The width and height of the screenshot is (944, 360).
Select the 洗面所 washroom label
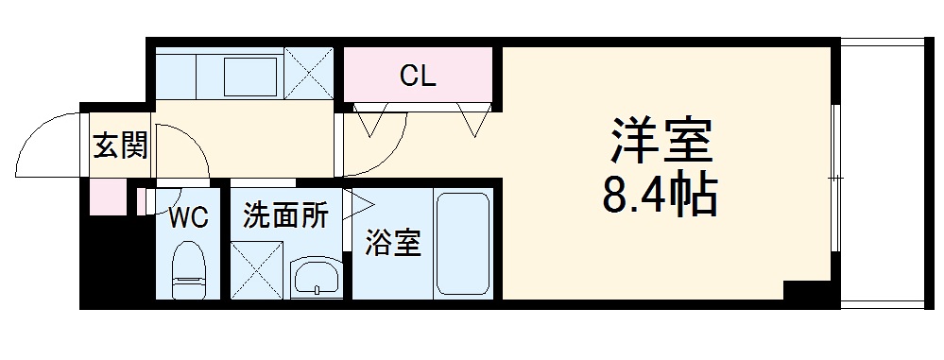[x=285, y=216]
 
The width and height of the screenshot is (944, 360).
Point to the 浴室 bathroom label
[x=393, y=244]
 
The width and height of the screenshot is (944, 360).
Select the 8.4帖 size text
[x=658, y=197]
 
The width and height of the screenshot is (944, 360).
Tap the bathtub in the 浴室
[x=463, y=244]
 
